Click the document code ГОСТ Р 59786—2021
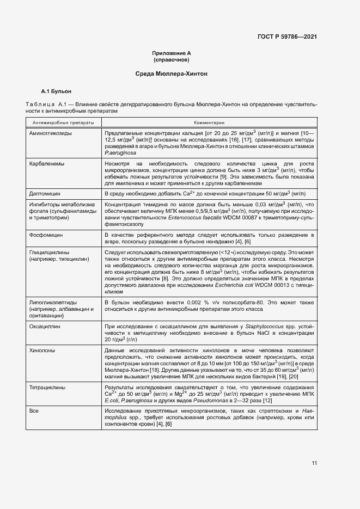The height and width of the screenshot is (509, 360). [287, 37]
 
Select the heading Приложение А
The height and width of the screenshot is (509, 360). [172, 53]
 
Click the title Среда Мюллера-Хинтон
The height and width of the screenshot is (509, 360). [172, 73]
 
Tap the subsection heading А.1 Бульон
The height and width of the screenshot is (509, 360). [57, 91]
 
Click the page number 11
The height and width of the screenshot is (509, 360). [314, 463]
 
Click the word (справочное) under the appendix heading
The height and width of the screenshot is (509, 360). [172, 59]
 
